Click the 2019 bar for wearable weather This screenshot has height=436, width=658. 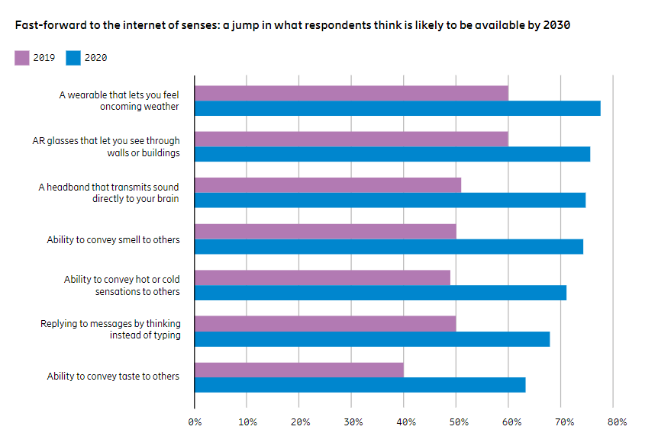pyautogui.click(x=351, y=93)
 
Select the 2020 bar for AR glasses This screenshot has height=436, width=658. pyautogui.click(x=392, y=154)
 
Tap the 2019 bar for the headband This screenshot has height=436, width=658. pyautogui.click(x=328, y=185)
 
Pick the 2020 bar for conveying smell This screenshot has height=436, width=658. pyautogui.click(x=389, y=246)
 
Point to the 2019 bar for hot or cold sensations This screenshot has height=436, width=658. pyautogui.click(x=322, y=277)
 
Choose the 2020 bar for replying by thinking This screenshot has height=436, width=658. pyautogui.click(x=372, y=338)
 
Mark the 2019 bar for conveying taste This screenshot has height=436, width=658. pyautogui.click(x=299, y=370)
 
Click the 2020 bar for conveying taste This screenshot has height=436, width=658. pyautogui.click(x=360, y=385)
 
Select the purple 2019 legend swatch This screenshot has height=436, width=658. pyautogui.click(x=22, y=58)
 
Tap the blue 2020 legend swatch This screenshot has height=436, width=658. pyautogui.click(x=73, y=58)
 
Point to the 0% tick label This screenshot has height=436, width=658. pyautogui.click(x=195, y=421)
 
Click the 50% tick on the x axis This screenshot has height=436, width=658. pyautogui.click(x=456, y=421)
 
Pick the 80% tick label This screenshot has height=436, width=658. pyautogui.click(x=617, y=421)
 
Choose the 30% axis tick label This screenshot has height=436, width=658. pyautogui.click(x=352, y=421)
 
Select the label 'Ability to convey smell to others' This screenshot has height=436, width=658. pyautogui.click(x=113, y=240)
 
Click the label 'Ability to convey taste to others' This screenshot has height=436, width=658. pyautogui.click(x=113, y=377)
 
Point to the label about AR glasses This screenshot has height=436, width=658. pyautogui.click(x=106, y=146)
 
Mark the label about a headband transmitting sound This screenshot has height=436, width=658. pyautogui.click(x=109, y=193)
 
